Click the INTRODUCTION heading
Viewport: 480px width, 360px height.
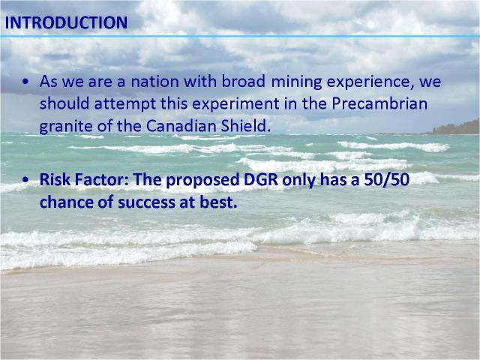(66, 22)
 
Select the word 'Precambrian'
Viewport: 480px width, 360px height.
(379, 103)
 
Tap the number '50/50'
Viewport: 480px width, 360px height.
(387, 180)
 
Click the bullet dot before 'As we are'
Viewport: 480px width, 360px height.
(25, 82)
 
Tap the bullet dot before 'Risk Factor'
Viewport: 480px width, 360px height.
(25, 180)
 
